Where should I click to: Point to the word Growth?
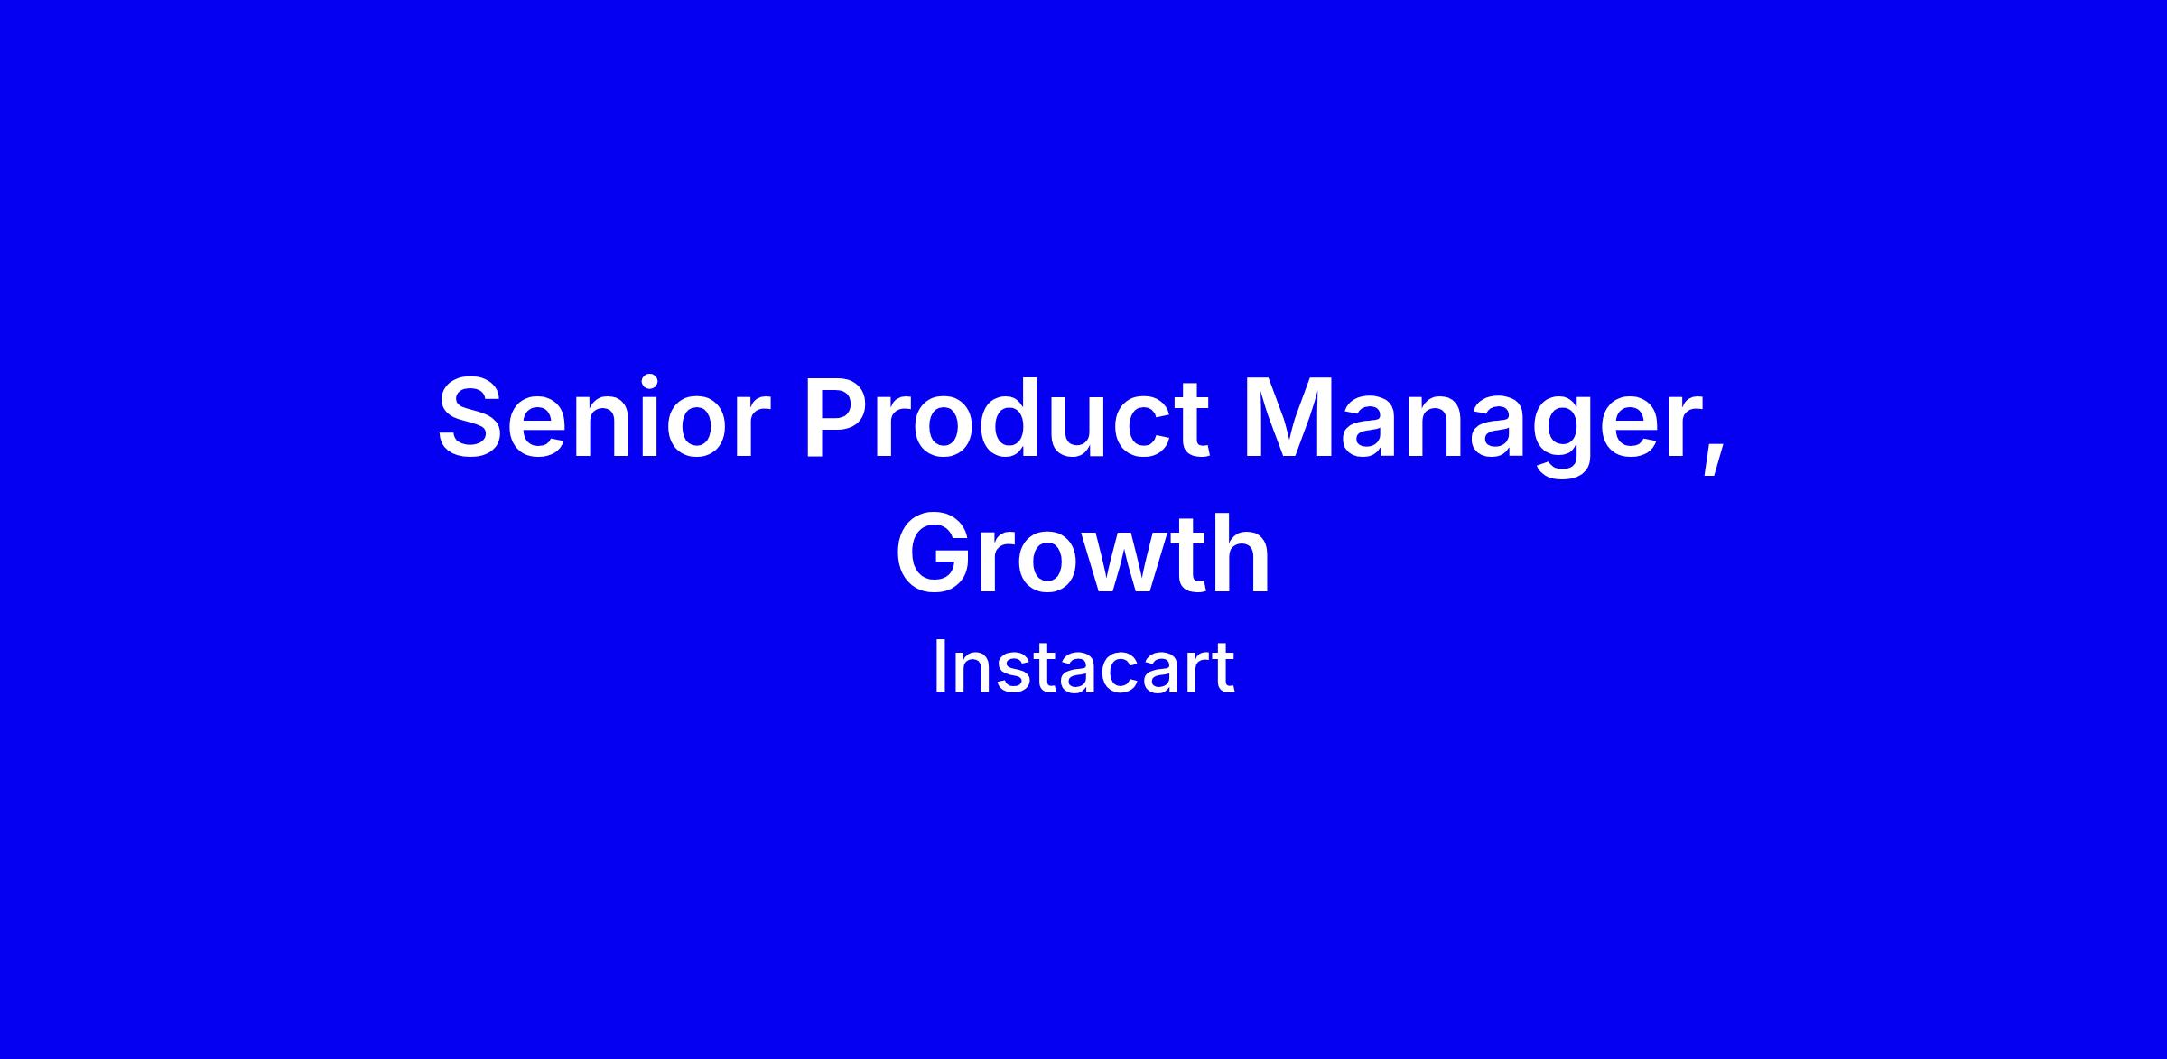click(1083, 553)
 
